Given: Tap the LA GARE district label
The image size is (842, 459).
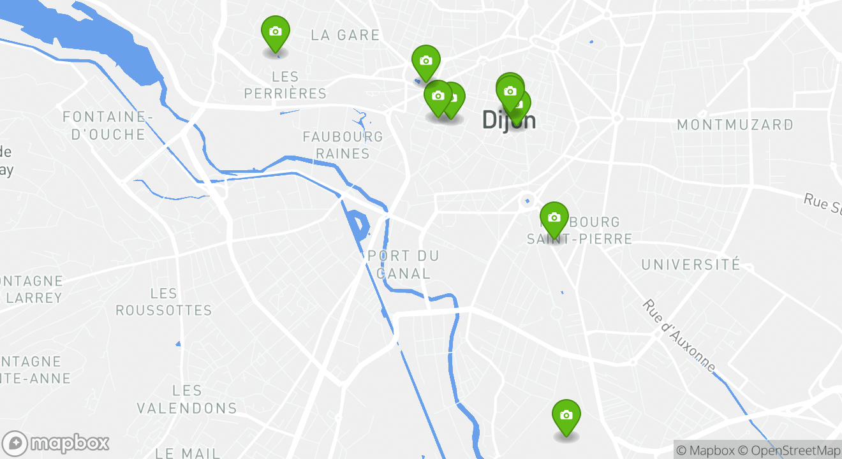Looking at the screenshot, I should tap(345, 36).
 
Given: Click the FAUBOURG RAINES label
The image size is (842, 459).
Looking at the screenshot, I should tap(343, 145).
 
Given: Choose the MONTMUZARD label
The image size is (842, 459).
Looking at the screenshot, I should tap(735, 125).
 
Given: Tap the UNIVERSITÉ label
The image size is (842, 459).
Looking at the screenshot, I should tap(691, 265).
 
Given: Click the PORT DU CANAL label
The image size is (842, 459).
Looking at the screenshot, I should tap(403, 265).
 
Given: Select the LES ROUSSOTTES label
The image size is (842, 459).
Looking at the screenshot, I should tap(164, 302).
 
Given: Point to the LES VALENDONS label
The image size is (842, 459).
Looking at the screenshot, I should tap(187, 400).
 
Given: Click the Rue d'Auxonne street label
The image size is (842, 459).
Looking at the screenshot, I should tap(680, 336).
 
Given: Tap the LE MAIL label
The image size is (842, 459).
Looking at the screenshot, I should tap(188, 453).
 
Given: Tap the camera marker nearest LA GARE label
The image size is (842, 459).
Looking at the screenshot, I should tap(425, 62).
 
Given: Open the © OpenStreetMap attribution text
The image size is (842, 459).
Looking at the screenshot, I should tap(788, 450).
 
